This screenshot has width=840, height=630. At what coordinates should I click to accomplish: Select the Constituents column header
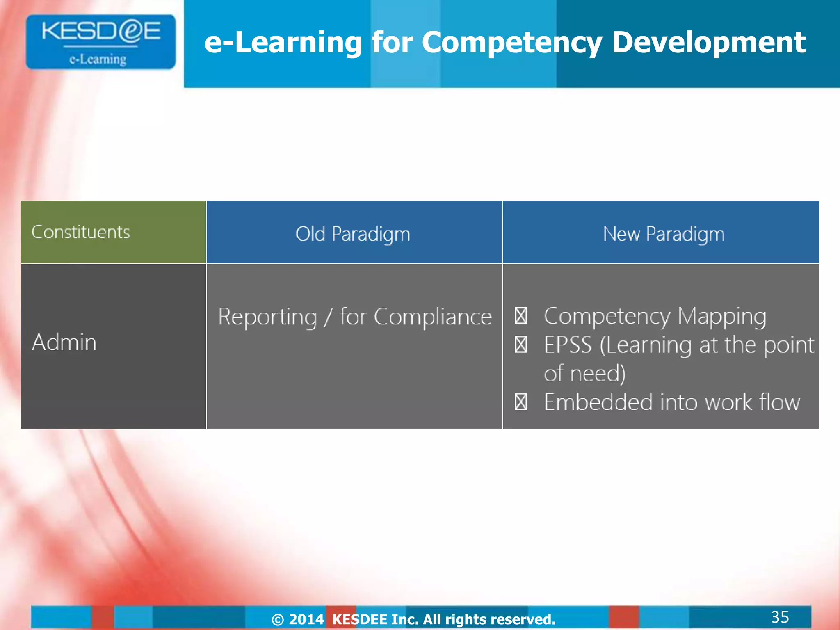[x=80, y=232]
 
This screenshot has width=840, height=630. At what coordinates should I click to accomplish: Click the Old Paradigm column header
[x=353, y=234]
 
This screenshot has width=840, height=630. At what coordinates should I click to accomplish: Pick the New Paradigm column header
[x=663, y=234]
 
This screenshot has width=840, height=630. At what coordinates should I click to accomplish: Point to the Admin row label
[x=64, y=342]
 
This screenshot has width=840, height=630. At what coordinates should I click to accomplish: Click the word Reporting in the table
[x=267, y=317]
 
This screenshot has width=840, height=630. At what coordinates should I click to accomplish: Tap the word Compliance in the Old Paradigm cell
[x=433, y=317]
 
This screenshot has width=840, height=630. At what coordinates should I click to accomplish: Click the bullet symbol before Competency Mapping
[x=521, y=315]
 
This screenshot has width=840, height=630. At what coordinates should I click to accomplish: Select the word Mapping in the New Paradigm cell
[x=721, y=316]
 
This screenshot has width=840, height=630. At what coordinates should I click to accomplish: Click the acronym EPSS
[x=568, y=345]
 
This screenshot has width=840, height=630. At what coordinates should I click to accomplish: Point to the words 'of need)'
[x=584, y=373]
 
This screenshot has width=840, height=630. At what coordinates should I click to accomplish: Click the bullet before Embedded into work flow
[x=521, y=402]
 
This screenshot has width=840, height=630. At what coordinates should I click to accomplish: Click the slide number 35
[x=780, y=617]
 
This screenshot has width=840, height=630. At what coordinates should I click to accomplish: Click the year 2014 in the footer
[x=306, y=619]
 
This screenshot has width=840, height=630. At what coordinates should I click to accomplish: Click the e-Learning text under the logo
[x=98, y=59]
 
